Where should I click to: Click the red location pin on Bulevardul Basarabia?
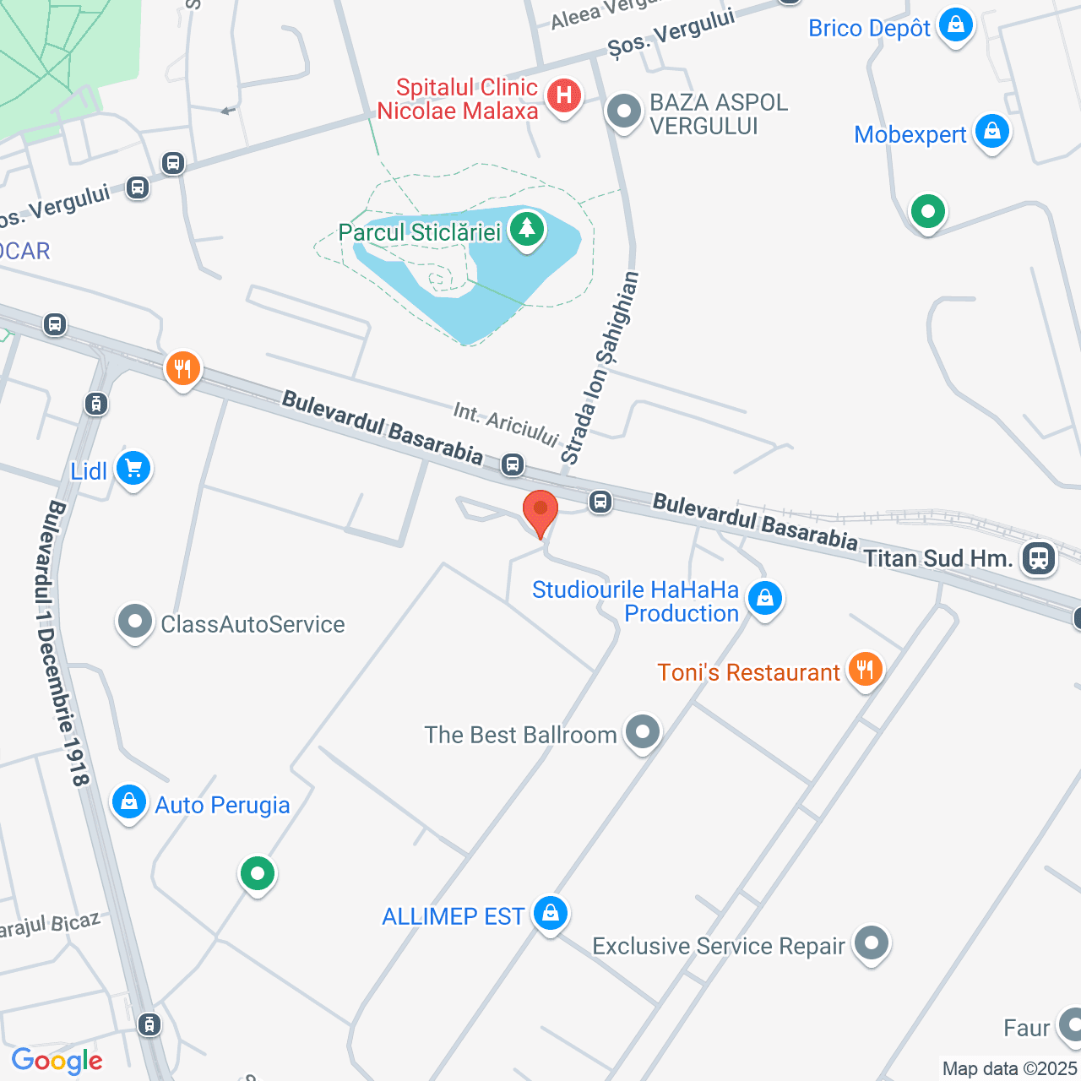tap(540, 512)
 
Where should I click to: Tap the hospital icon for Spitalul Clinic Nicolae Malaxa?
tap(563, 95)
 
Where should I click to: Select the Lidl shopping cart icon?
tap(133, 467)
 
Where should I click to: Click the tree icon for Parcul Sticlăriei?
tap(527, 228)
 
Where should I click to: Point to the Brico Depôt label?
tap(869, 28)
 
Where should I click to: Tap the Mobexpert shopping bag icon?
tap(992, 131)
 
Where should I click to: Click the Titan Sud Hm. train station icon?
tap(1038, 557)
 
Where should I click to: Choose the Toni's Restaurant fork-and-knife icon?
tap(864, 670)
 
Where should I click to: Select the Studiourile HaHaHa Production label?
tap(636, 601)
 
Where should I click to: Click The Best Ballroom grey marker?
tap(643, 731)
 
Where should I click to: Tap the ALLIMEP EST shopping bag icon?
tap(551, 913)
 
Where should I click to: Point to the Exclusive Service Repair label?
tap(719, 946)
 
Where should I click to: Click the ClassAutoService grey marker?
tap(134, 622)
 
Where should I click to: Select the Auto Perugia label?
tap(222, 805)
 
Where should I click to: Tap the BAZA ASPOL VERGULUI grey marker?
tap(625, 111)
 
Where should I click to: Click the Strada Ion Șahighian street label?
tap(600, 368)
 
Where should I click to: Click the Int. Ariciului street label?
tap(506, 424)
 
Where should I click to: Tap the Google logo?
tap(57, 1061)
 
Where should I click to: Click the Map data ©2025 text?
tap(1009, 1068)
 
